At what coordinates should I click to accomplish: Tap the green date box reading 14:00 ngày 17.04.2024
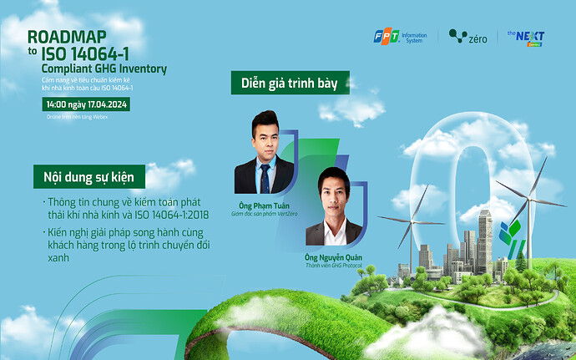[x=87, y=104]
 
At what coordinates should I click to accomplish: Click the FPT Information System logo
[x=401, y=37]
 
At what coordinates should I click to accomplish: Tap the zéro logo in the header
[x=467, y=37]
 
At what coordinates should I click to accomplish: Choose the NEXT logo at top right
[x=525, y=38]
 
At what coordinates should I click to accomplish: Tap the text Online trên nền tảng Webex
[x=78, y=117]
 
